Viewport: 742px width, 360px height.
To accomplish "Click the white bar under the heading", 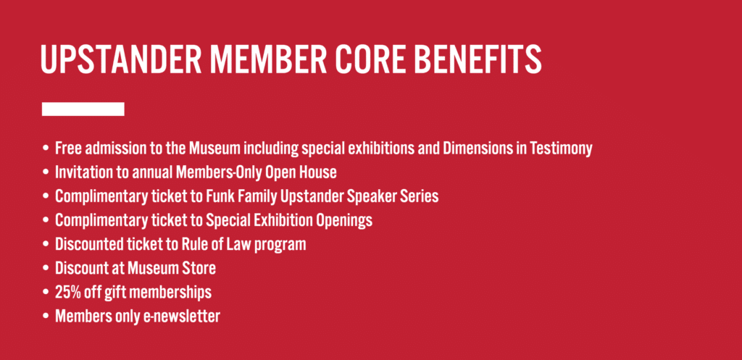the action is tap(83, 109).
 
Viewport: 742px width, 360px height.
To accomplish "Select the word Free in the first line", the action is tap(66, 148).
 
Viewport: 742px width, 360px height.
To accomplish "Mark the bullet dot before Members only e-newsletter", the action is tap(46, 317).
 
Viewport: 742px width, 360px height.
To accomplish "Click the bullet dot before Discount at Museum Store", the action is tap(46, 269).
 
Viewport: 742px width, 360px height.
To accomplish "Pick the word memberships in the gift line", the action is tap(170, 293).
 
